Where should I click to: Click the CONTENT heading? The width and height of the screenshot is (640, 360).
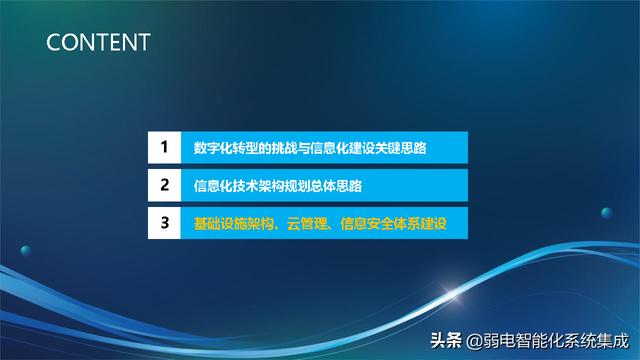point(98,42)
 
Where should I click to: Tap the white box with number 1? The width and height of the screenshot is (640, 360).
point(163,149)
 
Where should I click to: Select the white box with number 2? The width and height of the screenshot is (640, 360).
point(163,186)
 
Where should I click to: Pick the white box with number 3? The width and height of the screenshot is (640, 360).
point(163,223)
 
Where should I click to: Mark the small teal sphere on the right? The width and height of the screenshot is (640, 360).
point(606,212)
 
